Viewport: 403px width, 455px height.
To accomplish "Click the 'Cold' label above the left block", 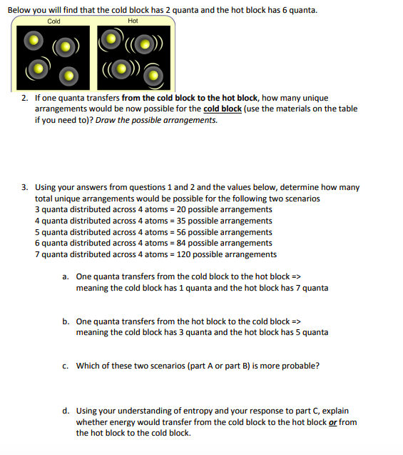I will click(53, 21).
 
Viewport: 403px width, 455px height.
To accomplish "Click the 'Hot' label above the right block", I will click(133, 21).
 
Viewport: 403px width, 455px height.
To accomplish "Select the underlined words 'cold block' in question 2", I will click(223, 109).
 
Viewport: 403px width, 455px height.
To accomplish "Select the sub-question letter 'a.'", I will click(66, 276).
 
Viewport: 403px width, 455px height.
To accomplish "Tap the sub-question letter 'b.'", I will click(66, 321).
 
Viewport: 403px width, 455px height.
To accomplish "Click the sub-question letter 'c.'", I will click(66, 366).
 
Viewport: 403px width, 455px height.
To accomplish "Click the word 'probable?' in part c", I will click(302, 366).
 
